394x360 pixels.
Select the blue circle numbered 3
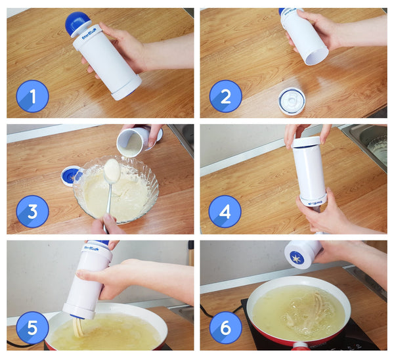tap(32, 212)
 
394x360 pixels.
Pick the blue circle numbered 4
tap(225, 212)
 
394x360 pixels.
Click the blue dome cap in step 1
tap(76, 24)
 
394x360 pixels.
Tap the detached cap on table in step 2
tap(291, 101)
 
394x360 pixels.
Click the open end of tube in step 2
tap(316, 56)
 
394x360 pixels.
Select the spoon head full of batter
tap(112, 171)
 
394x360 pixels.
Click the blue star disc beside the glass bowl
tap(70, 175)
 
